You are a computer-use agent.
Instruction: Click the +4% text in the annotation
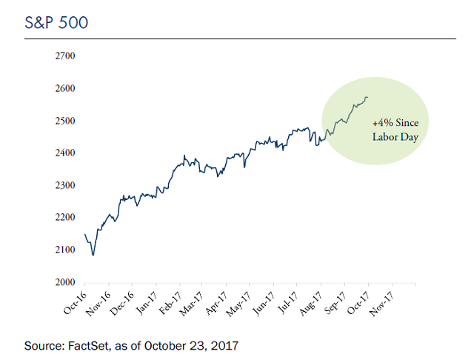[x=381, y=124]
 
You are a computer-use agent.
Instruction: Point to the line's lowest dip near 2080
[x=93, y=256]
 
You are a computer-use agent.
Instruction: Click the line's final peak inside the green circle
[x=367, y=97]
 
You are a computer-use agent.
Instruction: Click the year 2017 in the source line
[x=226, y=346]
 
